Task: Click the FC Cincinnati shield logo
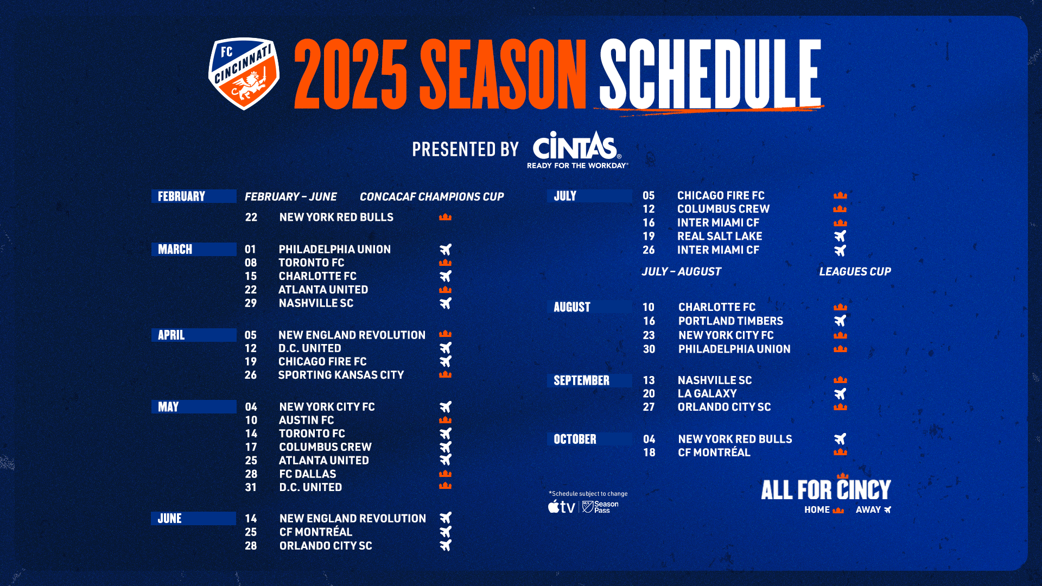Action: point(244,73)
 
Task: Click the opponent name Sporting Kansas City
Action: point(341,375)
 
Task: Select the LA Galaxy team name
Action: point(707,393)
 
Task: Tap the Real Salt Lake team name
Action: point(720,236)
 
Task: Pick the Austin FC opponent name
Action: point(306,420)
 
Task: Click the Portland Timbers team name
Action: point(730,321)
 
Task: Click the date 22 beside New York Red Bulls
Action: point(251,217)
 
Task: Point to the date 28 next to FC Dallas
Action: point(251,474)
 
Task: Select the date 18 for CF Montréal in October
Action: point(649,453)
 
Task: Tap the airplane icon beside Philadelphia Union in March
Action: point(446,250)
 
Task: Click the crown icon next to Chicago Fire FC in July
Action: point(840,195)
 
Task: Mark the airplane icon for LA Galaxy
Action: point(840,394)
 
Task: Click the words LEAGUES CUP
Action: point(855,271)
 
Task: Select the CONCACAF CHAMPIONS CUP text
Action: point(431,196)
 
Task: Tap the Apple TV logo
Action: point(561,507)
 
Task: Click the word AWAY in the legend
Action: point(868,510)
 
